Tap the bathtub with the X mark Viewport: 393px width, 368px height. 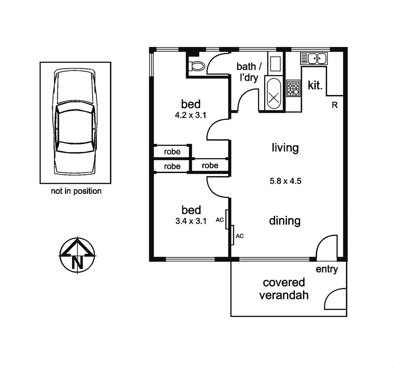point(274,94)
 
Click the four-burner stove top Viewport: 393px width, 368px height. point(293,88)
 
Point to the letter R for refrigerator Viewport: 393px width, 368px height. point(335,105)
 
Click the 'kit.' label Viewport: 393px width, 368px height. point(315,86)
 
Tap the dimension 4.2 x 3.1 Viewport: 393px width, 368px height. point(191,115)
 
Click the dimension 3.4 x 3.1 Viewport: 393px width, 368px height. point(191,221)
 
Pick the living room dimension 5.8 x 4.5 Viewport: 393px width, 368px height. point(285,181)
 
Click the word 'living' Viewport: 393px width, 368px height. point(285,148)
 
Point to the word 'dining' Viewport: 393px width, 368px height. point(285,221)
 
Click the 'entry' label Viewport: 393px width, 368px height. point(327,269)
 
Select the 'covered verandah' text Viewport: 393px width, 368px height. point(284,289)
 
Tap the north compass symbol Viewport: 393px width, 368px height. point(78,254)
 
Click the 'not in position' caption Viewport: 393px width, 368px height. point(76,191)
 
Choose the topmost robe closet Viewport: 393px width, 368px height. point(172,152)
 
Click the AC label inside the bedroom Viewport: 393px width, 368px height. point(220,220)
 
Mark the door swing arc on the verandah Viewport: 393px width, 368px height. point(334,297)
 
